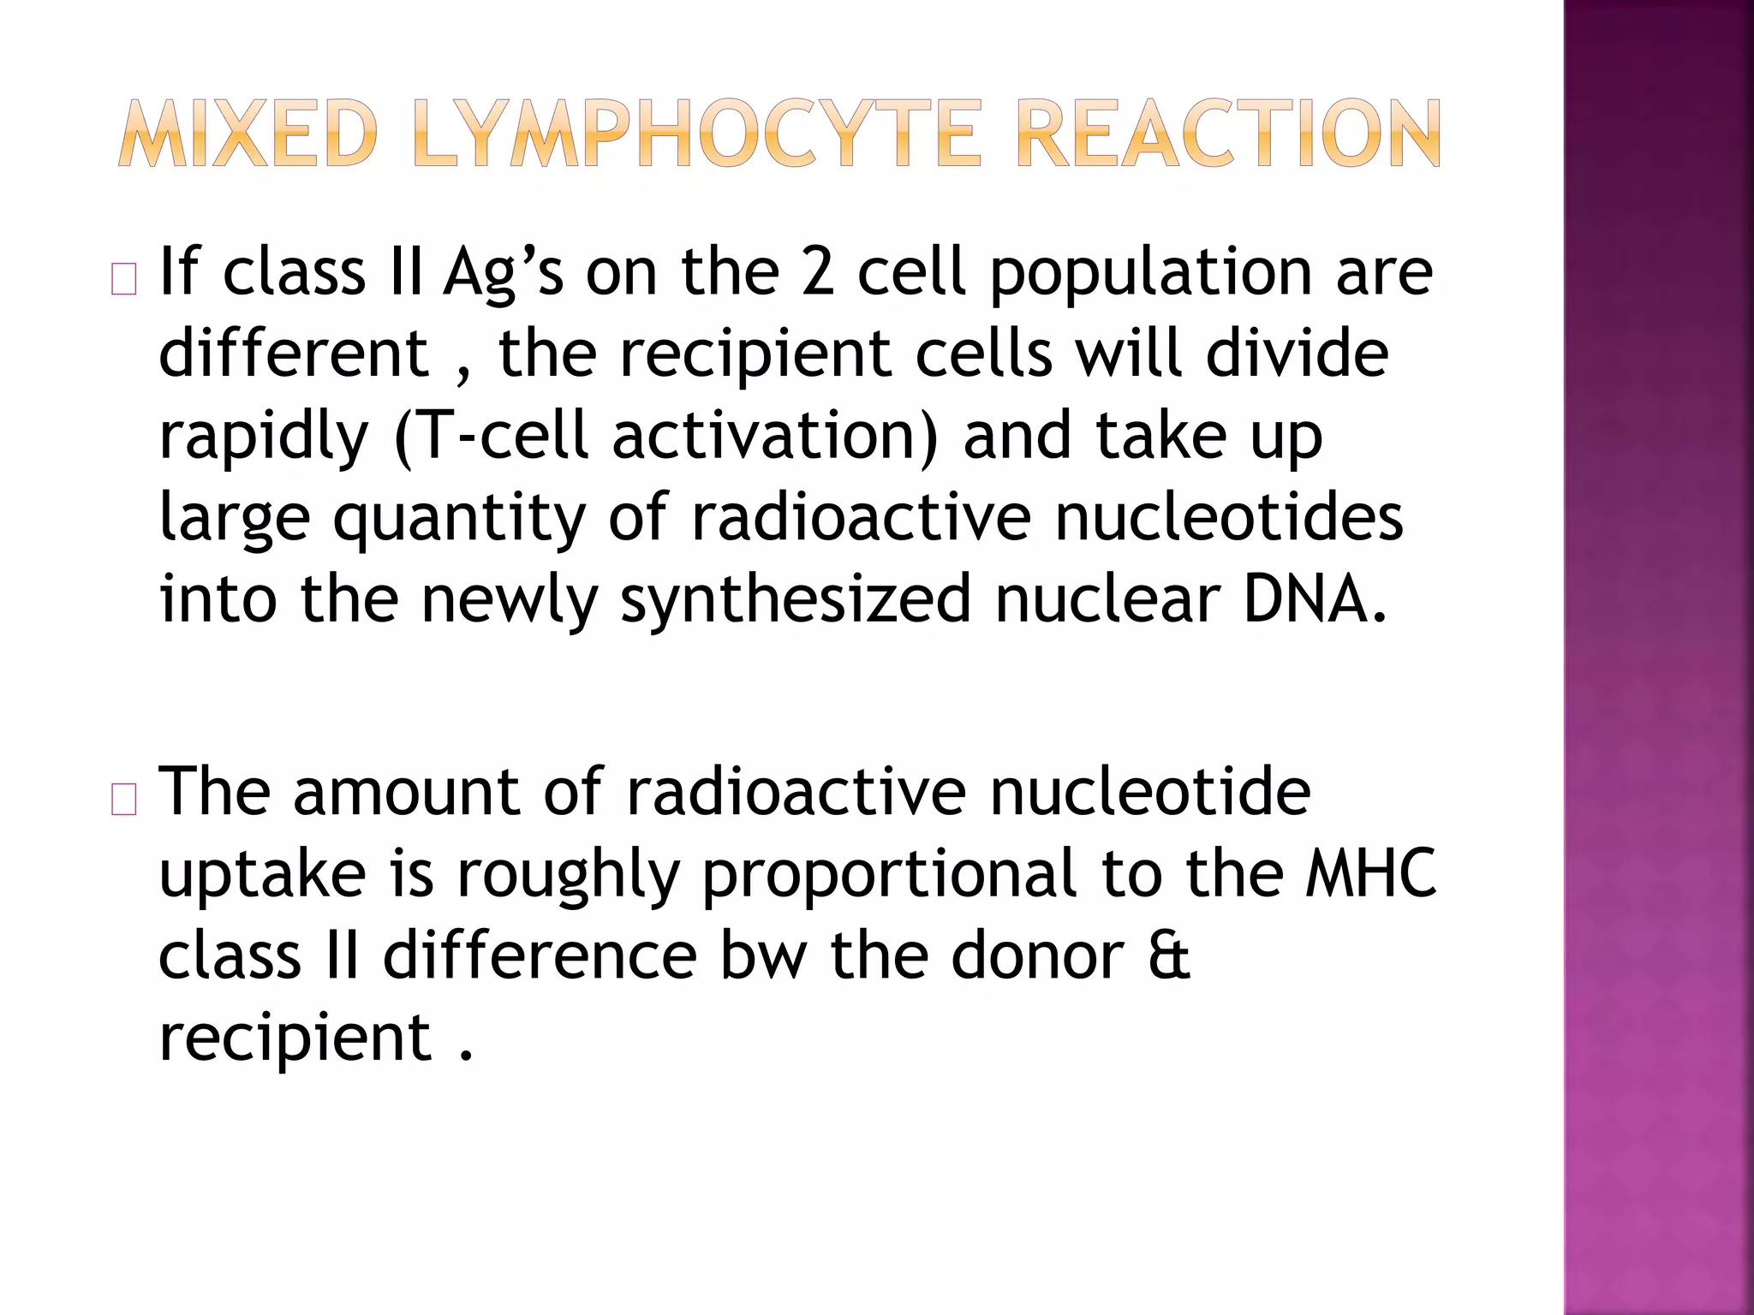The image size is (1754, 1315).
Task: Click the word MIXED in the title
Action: click(x=248, y=134)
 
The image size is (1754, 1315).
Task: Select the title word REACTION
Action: click(x=1229, y=134)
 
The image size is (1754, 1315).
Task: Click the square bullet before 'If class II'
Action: click(x=124, y=281)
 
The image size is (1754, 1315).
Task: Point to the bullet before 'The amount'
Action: click(x=124, y=800)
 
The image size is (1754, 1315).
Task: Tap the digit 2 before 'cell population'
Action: click(x=818, y=272)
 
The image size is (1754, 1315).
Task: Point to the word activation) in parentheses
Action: click(x=775, y=435)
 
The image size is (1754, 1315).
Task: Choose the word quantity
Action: click(x=459, y=519)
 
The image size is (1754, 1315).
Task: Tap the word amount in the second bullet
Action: click(x=406, y=792)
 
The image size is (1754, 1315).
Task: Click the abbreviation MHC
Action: click(x=1371, y=873)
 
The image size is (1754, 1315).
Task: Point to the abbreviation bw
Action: click(x=763, y=955)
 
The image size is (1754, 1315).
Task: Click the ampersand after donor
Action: click(x=1169, y=955)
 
